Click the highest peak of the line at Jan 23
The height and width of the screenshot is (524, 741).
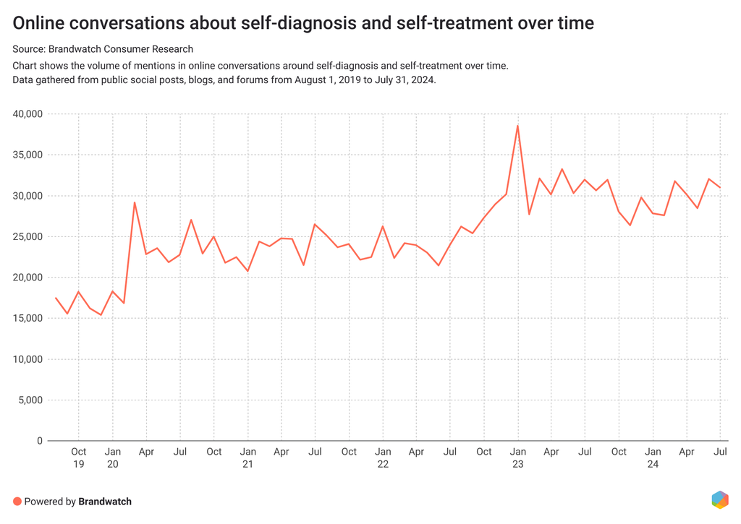517,126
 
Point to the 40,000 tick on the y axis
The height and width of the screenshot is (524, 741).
28,114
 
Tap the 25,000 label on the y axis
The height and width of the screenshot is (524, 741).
28,236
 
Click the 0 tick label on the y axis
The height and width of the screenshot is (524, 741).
40,441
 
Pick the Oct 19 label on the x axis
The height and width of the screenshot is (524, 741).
79,458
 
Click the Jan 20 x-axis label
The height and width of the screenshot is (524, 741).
112,458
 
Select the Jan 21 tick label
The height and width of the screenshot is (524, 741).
247,458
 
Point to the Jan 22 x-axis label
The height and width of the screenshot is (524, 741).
383,458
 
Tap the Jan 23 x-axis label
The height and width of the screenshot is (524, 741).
517,458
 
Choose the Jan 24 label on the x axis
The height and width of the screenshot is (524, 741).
653,458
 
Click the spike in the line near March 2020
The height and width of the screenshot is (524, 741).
135,202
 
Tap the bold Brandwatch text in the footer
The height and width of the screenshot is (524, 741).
105,501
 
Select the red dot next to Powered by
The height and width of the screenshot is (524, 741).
17,501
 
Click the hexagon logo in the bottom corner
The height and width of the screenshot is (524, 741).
719,499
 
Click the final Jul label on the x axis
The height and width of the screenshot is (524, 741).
720,452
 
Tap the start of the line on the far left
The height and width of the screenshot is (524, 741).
56,298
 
